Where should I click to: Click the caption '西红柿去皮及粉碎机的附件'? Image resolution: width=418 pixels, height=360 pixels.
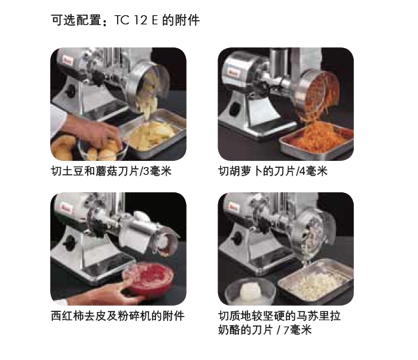tap(118, 316)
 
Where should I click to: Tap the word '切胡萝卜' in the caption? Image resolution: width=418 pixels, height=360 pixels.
tap(241, 171)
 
